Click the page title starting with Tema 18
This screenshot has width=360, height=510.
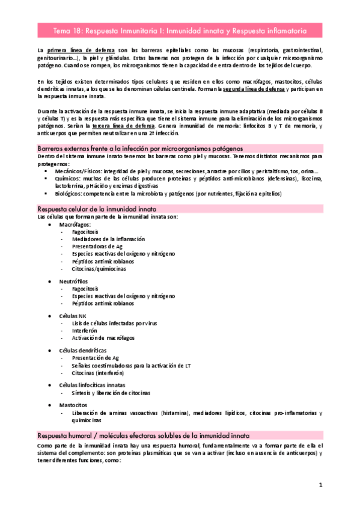(180, 29)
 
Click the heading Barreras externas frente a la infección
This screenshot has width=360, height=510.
(140, 148)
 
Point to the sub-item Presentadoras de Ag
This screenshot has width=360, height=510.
(97, 247)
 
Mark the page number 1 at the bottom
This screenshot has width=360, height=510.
(321, 485)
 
